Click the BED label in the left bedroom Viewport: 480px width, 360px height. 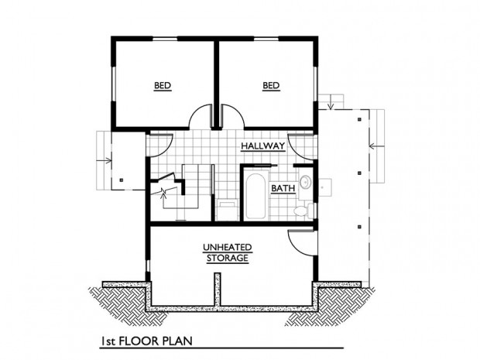pyautogui.click(x=163, y=85)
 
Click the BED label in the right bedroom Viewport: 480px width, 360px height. pyautogui.click(x=271, y=85)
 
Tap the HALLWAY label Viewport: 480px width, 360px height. pyautogui.click(x=263, y=146)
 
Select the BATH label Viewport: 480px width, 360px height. pyautogui.click(x=283, y=188)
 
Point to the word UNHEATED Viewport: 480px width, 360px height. pyautogui.click(x=228, y=247)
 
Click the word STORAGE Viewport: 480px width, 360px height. pyautogui.click(x=228, y=258)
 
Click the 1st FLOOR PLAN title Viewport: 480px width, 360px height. pyautogui.click(x=147, y=341)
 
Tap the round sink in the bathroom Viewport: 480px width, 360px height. pyautogui.click(x=305, y=183)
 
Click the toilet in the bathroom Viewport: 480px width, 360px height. pyautogui.click(x=303, y=211)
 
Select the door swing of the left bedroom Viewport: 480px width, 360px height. pyautogui.click(x=200, y=116)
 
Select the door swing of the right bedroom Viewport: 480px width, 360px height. pyautogui.click(x=232, y=116)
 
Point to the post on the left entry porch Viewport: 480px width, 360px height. pyautogui.click(x=122, y=180)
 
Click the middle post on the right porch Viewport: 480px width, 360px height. pyautogui.click(x=360, y=173)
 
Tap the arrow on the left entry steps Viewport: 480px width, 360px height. pyautogui.click(x=104, y=160)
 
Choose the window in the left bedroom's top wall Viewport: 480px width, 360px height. pyautogui.click(x=165, y=39)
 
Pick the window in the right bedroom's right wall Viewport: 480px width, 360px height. pyautogui.click(x=315, y=84)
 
